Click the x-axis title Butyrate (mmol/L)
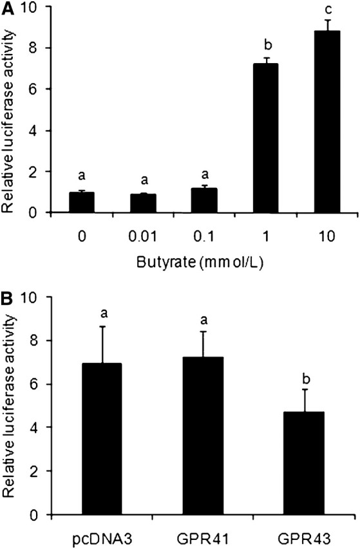[x=203, y=262]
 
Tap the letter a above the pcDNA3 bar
[x=103, y=313]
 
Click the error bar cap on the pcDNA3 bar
[x=103, y=327]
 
